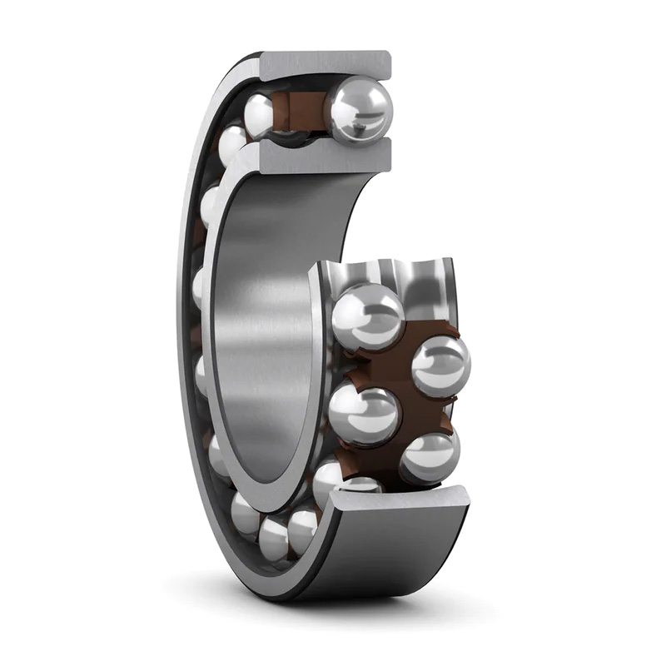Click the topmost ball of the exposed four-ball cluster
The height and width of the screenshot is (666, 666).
point(367,316)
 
